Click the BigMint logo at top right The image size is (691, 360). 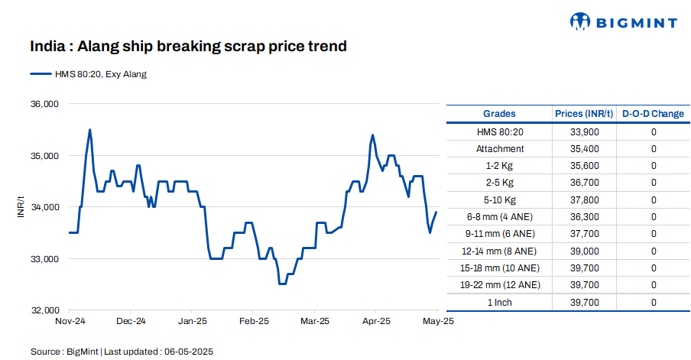click(624, 22)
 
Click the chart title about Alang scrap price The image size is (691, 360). click(188, 47)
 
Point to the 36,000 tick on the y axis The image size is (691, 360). click(44, 104)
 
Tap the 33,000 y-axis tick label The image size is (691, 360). click(44, 259)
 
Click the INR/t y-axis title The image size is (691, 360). click(21, 207)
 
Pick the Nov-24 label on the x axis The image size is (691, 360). click(70, 322)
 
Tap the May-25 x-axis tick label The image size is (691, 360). click(438, 322)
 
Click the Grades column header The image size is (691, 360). click(500, 114)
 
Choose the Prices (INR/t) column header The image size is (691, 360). click(584, 114)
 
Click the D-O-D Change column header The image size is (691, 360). click(653, 114)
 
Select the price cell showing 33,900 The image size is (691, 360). click(584, 132)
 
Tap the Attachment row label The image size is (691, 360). click(500, 149)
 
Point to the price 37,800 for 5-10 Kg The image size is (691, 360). click(584, 200)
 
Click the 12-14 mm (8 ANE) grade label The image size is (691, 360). click(500, 251)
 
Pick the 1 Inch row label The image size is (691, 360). click(500, 303)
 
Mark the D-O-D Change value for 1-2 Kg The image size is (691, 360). click(654, 166)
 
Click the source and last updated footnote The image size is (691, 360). click(122, 352)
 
